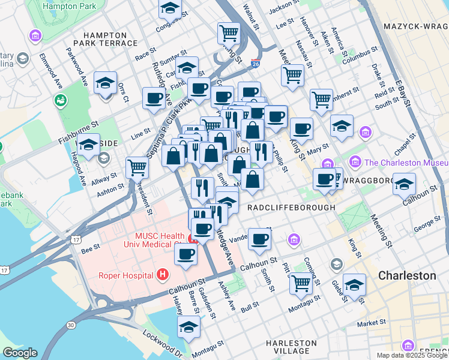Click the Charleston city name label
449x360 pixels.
tap(407, 276)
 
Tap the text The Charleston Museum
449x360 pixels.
tap(406, 162)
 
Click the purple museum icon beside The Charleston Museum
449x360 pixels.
tap(355, 161)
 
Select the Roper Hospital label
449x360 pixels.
tap(126, 276)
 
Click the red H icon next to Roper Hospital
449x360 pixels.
tap(161, 275)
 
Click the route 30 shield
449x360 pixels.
tap(71, 325)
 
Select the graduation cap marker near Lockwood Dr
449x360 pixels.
tap(188, 327)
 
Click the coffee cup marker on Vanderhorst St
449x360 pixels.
tap(259, 239)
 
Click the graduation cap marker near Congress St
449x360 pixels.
tap(170, 8)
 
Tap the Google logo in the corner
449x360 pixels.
tap(19, 353)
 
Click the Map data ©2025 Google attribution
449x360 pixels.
tap(412, 355)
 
